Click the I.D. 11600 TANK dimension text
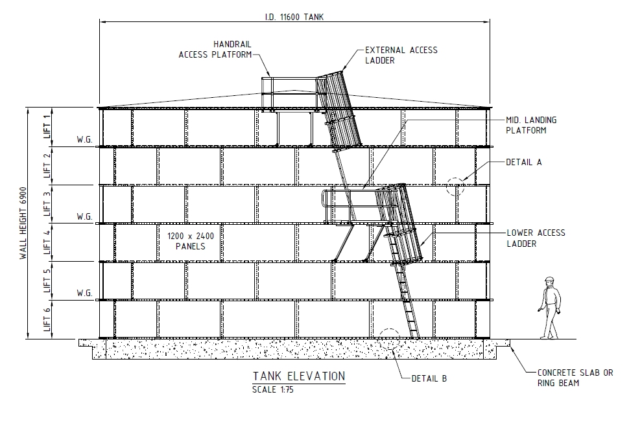click(x=294, y=17)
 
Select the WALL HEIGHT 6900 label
click(x=23, y=224)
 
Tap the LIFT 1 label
click(x=47, y=126)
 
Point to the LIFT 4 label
click(x=47, y=242)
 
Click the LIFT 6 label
click(x=47, y=319)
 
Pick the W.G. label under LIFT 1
click(x=85, y=139)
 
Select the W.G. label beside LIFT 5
click(x=85, y=293)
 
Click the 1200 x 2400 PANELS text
click(x=191, y=241)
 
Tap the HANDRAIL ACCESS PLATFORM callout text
click(x=215, y=49)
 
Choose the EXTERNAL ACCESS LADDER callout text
click(x=401, y=55)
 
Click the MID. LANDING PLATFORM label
click(x=531, y=125)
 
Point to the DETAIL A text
click(x=523, y=162)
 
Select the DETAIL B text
click(x=429, y=378)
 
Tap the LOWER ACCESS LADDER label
click(x=536, y=238)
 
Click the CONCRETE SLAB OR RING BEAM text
click(x=575, y=378)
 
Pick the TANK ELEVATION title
click(x=299, y=376)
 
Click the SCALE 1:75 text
click(x=273, y=390)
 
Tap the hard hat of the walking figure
click(x=549, y=279)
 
